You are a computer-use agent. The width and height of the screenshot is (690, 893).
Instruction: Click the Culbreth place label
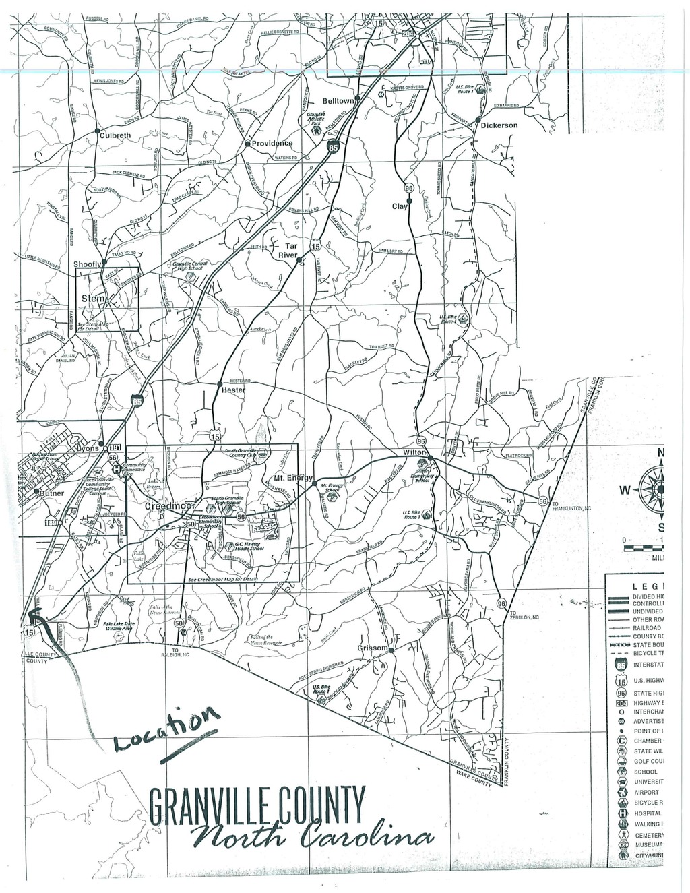pos(119,135)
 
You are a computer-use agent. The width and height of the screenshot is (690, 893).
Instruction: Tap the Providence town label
pos(272,143)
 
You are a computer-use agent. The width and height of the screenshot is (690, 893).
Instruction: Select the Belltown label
pos(338,100)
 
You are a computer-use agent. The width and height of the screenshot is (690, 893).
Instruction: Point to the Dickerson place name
pos(500,125)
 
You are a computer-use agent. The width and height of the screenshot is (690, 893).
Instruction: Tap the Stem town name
pos(93,298)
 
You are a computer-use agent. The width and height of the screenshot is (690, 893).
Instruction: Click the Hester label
pos(233,390)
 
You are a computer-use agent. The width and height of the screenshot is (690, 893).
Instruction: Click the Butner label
pos(52,493)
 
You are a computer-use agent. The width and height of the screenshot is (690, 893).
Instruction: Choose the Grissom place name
pos(373,648)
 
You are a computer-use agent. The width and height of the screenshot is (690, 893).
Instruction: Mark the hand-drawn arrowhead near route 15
pos(34,613)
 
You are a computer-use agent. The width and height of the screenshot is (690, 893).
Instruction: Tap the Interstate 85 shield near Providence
pos(332,148)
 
